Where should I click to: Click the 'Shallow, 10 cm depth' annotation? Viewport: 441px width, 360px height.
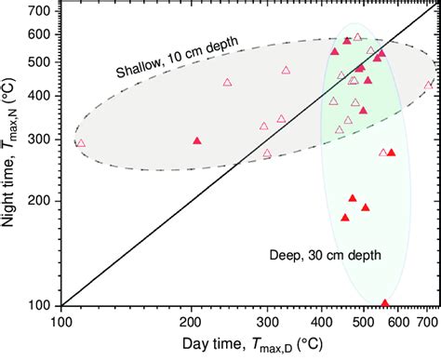coord(177,58)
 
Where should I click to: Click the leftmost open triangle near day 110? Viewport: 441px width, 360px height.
coord(80,143)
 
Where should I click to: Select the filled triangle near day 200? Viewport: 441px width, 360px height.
coord(196,140)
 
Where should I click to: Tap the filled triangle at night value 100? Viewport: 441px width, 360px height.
coord(385,303)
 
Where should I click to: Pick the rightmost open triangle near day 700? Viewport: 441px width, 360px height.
coord(428,85)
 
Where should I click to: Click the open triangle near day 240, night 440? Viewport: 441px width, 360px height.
coord(227,82)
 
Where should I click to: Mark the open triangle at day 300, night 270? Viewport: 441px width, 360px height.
coord(267,153)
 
